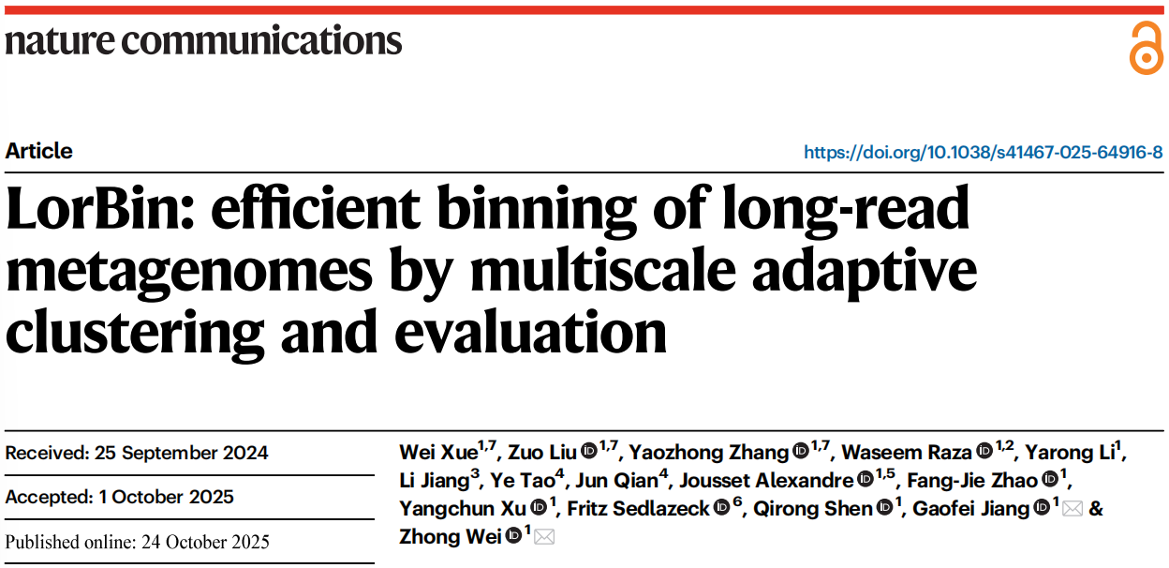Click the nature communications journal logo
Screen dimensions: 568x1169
tap(203, 40)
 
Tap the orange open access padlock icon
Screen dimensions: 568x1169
tap(1145, 48)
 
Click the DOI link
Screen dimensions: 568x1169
tap(983, 152)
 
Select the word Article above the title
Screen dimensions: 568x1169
tap(39, 151)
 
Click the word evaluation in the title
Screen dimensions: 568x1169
tap(535, 331)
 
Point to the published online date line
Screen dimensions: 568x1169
tap(138, 542)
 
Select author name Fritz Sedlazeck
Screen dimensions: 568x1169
tap(638, 509)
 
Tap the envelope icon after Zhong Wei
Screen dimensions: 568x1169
tap(544, 537)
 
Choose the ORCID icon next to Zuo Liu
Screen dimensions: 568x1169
tap(588, 453)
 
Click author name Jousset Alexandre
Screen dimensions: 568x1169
tap(767, 481)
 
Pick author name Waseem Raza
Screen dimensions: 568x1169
tap(906, 454)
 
